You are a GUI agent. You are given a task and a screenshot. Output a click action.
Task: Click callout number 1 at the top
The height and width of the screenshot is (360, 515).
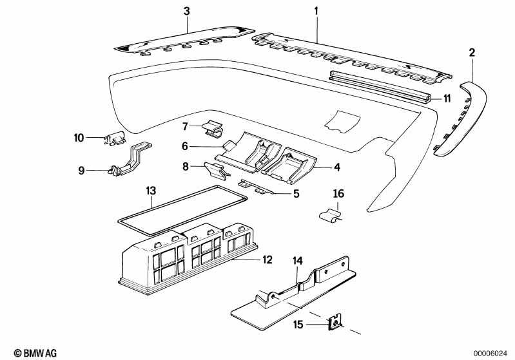[x=316, y=11]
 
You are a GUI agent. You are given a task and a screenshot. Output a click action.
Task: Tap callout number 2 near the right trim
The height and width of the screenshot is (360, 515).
[x=472, y=53]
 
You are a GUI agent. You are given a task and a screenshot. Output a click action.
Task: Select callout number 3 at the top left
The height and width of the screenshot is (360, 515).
[x=187, y=11]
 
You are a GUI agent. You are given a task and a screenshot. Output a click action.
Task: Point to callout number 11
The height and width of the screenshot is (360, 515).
[x=446, y=99]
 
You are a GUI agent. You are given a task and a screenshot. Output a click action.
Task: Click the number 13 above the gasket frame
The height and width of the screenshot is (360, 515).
[x=151, y=191]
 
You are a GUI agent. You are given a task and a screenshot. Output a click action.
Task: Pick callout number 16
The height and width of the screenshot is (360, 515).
[x=338, y=193]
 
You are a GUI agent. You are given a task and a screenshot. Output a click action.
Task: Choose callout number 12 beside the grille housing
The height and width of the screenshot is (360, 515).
[x=267, y=260]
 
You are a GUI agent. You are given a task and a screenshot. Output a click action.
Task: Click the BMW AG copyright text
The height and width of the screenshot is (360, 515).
[x=25, y=352]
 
